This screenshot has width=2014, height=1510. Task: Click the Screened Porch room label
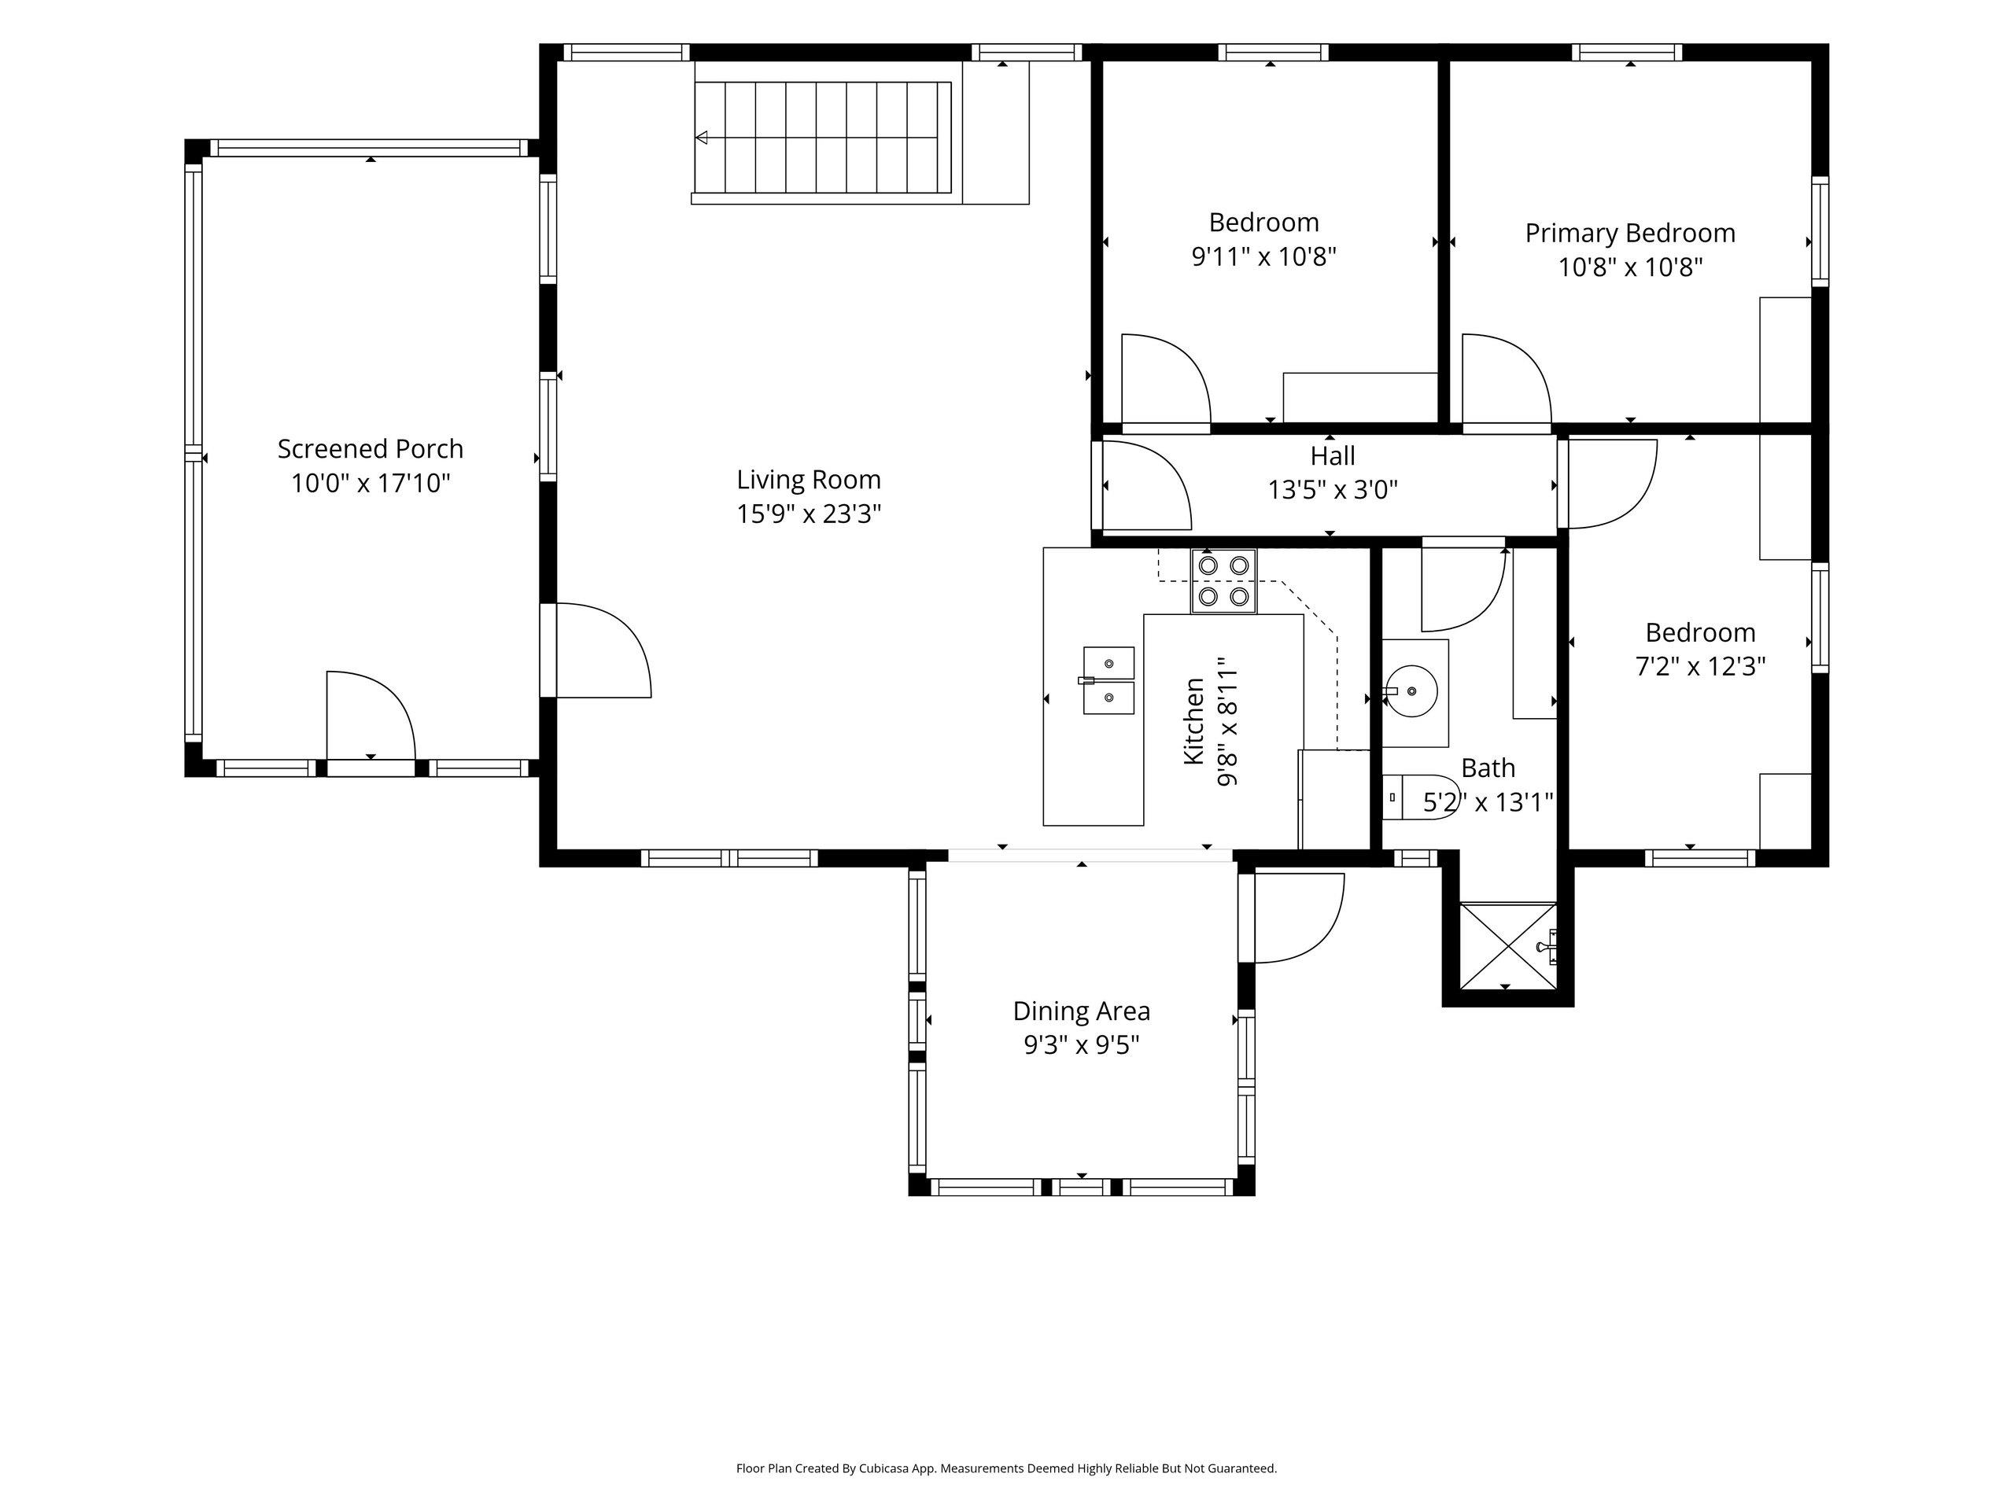[x=371, y=449]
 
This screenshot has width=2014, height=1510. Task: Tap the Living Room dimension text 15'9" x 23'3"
[x=809, y=514]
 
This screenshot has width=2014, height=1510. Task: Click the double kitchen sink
[x=1108, y=680]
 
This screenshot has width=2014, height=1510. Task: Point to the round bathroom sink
[x=1411, y=691]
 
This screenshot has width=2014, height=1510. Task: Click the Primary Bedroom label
[x=1630, y=234]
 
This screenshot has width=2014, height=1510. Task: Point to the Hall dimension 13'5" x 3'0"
[x=1332, y=491]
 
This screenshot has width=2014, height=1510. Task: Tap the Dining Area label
[x=1082, y=1011]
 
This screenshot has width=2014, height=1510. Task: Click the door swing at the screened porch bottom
[x=371, y=714]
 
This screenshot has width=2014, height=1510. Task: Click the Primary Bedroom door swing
[x=1506, y=378]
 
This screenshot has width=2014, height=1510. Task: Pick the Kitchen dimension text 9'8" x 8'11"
[x=1227, y=721]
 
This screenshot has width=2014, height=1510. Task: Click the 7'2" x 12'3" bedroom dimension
[x=1700, y=667]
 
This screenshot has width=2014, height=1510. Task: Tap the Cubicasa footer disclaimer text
[x=1006, y=1468]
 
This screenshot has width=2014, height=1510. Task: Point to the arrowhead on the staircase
[x=701, y=138]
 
